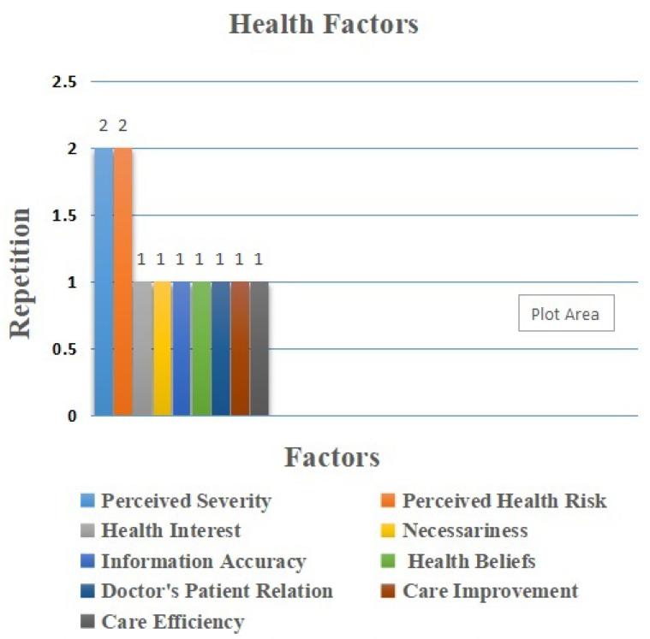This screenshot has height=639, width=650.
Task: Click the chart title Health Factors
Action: click(x=324, y=25)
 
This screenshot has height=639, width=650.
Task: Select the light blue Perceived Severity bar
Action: click(x=104, y=282)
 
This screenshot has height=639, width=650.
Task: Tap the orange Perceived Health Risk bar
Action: click(x=123, y=282)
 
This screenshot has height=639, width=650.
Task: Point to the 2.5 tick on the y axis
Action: click(x=65, y=82)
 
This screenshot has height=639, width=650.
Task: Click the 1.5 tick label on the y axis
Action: click(x=65, y=216)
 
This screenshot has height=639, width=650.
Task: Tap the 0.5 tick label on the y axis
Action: click(x=65, y=349)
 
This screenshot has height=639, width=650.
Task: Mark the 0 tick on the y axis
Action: click(x=72, y=417)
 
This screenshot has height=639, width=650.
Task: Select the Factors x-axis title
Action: click(x=332, y=458)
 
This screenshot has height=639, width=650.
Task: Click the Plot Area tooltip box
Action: click(x=565, y=314)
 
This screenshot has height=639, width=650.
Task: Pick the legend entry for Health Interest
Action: click(x=170, y=531)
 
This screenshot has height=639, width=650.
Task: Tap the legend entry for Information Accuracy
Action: click(x=202, y=562)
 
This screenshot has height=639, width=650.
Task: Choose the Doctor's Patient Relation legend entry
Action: click(x=216, y=591)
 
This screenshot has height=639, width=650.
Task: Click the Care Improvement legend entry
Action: click(x=490, y=591)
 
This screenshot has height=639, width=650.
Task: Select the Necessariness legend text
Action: click(x=465, y=531)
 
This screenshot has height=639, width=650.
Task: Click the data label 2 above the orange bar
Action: click(x=123, y=126)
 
